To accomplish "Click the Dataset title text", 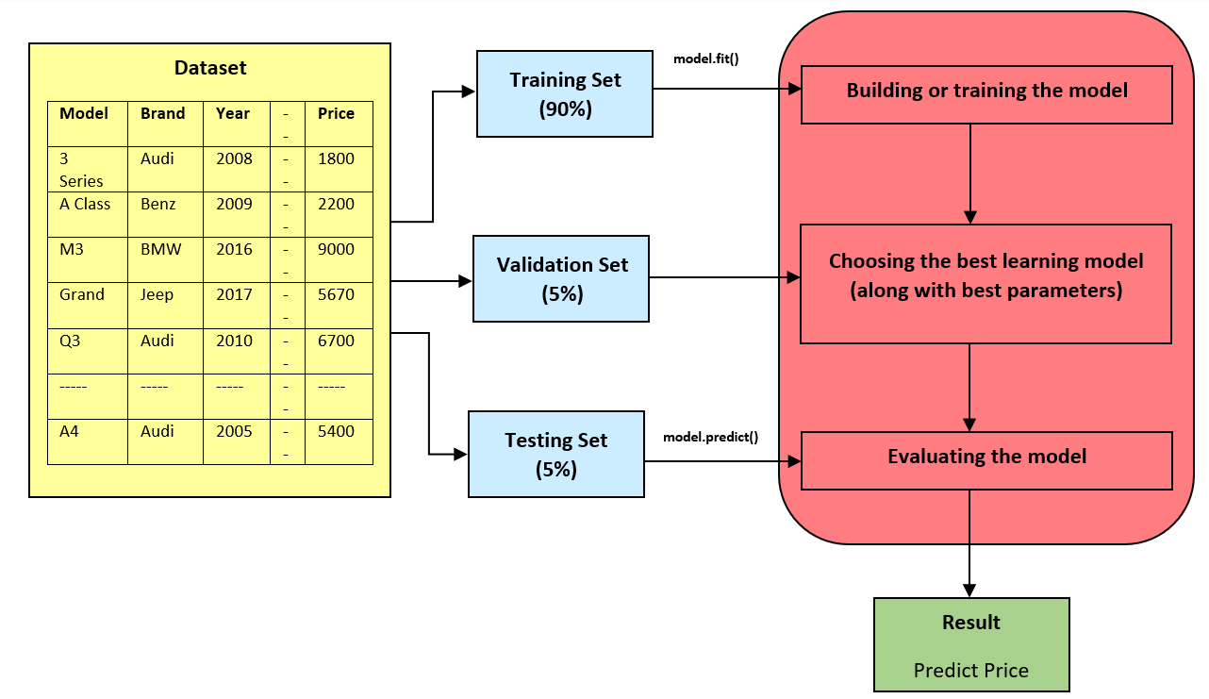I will [210, 68].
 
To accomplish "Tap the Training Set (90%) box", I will [565, 94].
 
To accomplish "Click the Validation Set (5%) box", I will [562, 278].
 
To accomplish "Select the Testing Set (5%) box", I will [555, 454].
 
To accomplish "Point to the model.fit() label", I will [705, 58].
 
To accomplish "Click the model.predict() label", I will [710, 437].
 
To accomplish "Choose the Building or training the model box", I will [986, 92].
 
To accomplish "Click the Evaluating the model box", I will [986, 458].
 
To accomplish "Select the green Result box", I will [971, 644].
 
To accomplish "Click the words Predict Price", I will [971, 671].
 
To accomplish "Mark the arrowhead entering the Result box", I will [970, 591].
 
